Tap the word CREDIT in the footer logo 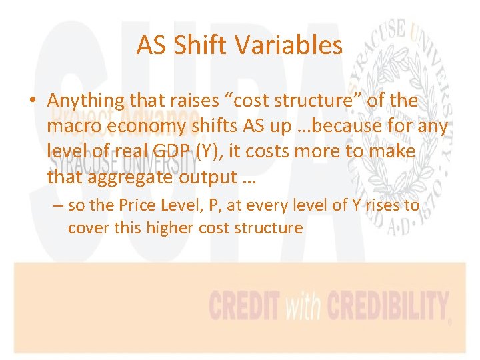point(244,307)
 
